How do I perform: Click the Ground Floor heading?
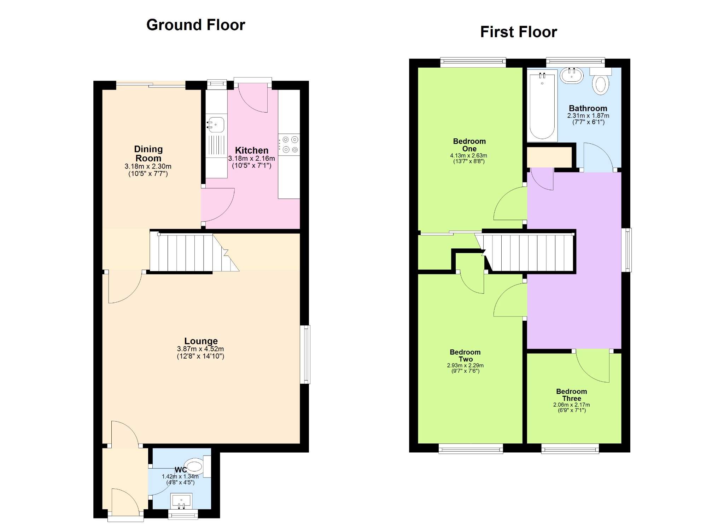[195, 25]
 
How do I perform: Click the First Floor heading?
[519, 32]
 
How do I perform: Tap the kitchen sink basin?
[215, 125]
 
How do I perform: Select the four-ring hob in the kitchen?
[289, 145]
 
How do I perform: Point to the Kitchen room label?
[252, 150]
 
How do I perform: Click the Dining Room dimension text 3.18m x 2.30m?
[148, 166]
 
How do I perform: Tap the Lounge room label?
[201, 341]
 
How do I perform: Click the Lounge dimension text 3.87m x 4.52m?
[200, 349]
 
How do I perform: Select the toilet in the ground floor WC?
[198, 465]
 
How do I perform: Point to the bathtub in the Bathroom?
[542, 105]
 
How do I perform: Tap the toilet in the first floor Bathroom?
[601, 81]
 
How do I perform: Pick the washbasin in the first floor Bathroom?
[572, 75]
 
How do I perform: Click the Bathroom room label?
[588, 108]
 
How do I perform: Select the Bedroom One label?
[469, 145]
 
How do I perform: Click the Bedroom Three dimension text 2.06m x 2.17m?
[572, 405]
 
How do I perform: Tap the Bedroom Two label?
[465, 356]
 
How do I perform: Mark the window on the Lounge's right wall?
[305, 354]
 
